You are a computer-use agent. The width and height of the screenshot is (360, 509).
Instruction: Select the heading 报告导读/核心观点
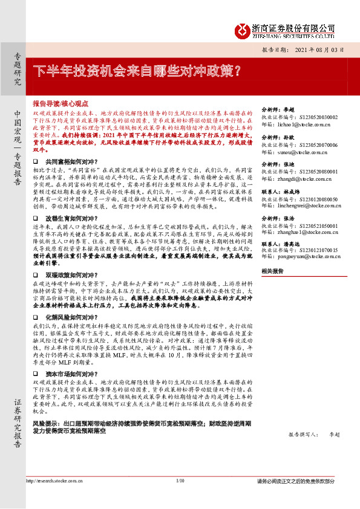pyautogui.click(x=61, y=103)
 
